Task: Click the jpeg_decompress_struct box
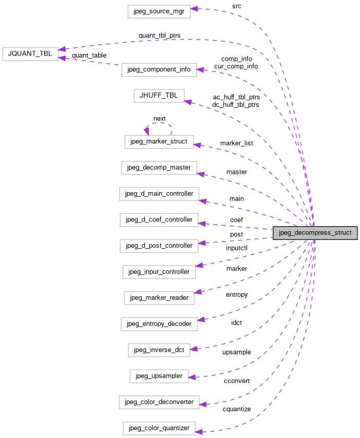(x=314, y=233)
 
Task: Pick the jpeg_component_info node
(x=159, y=70)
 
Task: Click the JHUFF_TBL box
(x=158, y=96)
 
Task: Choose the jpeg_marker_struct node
(x=159, y=141)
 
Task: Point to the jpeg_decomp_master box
(x=159, y=168)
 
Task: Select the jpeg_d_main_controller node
(x=159, y=194)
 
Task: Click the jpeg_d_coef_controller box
(x=159, y=220)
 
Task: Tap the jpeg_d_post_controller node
(x=159, y=245)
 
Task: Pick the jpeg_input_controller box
(x=159, y=271)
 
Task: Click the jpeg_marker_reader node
(x=159, y=298)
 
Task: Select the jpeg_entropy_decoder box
(x=159, y=324)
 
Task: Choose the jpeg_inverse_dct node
(x=159, y=350)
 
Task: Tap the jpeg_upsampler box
(x=159, y=376)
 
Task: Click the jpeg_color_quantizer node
(x=159, y=428)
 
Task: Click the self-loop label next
(x=159, y=119)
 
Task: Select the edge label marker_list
(x=236, y=142)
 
